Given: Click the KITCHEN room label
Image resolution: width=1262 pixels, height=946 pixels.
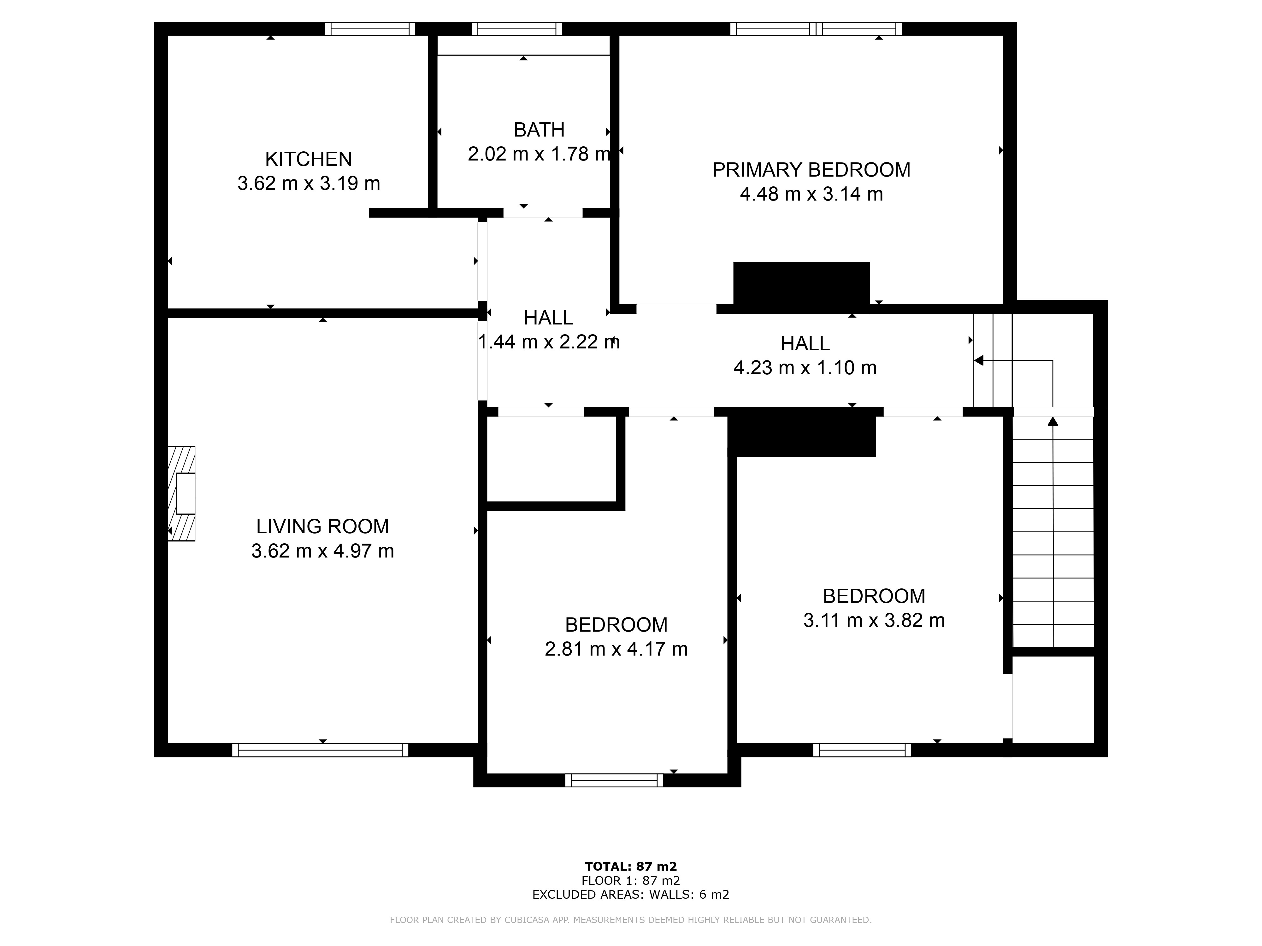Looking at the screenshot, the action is pos(309,159).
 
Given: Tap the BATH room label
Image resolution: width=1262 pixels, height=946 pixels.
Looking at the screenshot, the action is pos(539,130).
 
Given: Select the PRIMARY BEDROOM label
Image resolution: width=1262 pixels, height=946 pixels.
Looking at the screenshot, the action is pos(811,170).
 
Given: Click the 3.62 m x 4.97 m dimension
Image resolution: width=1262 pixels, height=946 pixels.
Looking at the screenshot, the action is pos(322,551).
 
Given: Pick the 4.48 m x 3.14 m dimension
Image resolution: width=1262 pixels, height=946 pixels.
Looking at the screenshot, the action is pos(811,195).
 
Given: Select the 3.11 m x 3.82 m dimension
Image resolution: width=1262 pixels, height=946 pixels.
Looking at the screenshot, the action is pos(874,620).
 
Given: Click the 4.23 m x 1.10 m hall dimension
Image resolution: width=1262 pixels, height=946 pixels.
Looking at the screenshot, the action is pos(805,368).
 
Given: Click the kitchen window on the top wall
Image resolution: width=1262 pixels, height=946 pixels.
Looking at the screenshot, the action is pos(370,28).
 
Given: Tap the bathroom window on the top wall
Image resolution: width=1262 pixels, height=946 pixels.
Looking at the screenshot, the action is pos(517,28).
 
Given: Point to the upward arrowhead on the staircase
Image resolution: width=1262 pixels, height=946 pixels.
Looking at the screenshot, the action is pos(1053,421).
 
